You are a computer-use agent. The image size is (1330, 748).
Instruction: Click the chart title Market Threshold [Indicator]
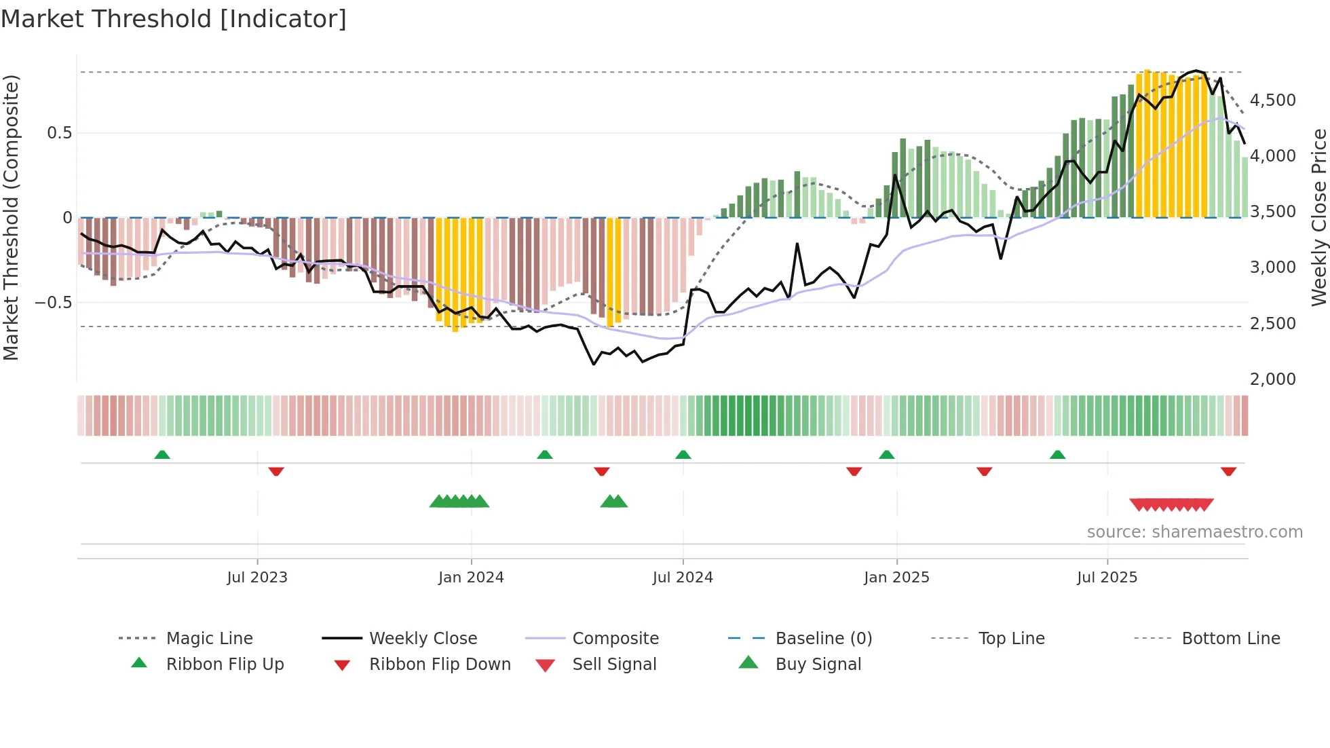coord(174,19)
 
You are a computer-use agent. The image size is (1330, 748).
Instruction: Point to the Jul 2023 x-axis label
coord(257,578)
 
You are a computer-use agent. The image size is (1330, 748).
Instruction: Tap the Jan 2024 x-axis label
coord(471,578)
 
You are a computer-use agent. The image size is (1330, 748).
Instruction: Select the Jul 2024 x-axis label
coord(683,578)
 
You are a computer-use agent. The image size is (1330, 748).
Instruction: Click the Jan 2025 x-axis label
coord(896,578)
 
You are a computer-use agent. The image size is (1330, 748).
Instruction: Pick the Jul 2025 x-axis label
coord(1107,578)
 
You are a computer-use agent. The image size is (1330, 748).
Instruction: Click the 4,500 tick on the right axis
coord(1273,100)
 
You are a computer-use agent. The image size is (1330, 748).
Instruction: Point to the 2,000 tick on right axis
coord(1273,379)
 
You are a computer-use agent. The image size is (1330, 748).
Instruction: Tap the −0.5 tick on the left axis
coord(54,302)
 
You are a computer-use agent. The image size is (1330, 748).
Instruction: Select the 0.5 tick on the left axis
coord(60,133)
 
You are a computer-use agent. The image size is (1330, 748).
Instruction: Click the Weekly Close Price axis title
coord(1318,217)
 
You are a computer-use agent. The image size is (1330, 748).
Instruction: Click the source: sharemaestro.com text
coord(1194,532)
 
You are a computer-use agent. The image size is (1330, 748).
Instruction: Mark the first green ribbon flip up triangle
coord(162,455)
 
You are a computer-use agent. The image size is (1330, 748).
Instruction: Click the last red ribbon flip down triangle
coord(1228,471)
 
